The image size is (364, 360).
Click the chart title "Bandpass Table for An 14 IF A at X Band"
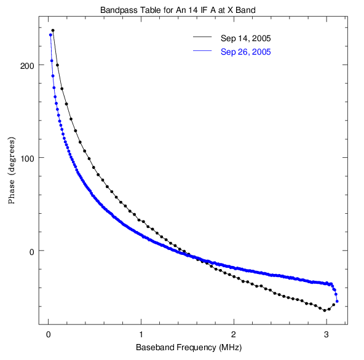[x=178, y=10]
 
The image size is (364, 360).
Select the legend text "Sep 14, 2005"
[x=245, y=38]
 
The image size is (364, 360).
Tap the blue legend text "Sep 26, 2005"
[x=245, y=52]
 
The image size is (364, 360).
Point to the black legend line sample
[x=202, y=37]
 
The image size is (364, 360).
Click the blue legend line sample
[x=202, y=50]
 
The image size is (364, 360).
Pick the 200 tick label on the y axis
[x=27, y=66]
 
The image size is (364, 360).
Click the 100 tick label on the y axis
[x=28, y=159]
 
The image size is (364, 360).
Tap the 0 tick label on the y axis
[x=32, y=252]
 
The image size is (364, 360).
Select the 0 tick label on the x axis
[x=49, y=334]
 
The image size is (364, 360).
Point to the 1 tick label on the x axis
[x=141, y=334]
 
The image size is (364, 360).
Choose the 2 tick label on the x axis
[x=234, y=334]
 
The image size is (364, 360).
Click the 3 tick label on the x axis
[x=326, y=334]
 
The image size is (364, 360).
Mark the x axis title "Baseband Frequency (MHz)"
[x=189, y=348]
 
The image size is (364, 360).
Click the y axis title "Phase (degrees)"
[x=11, y=171]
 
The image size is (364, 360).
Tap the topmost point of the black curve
[x=53, y=30]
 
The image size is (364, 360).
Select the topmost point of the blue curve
[x=50, y=35]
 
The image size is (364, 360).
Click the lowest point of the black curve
[x=325, y=310]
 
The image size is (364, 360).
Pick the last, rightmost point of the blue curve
[x=337, y=301]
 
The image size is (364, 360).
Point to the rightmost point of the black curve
[x=334, y=305]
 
